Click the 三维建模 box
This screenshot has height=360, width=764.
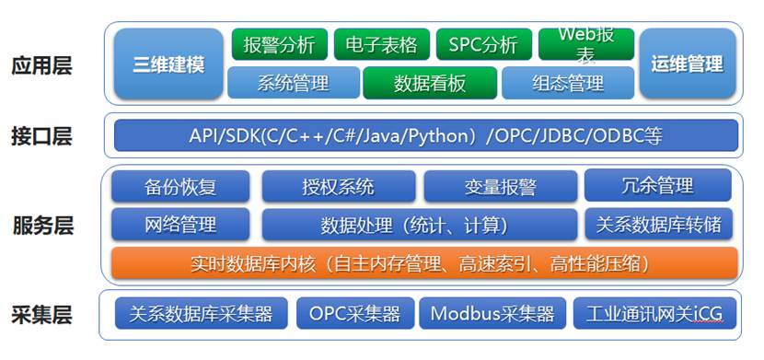168,64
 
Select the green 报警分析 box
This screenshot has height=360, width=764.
280,44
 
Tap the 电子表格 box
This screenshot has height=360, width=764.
382,44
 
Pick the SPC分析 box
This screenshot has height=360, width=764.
484,44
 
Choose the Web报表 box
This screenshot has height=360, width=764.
586,44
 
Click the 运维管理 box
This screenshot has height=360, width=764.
687,64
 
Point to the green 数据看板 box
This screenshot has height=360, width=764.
430,83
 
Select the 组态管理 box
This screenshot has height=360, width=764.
568,83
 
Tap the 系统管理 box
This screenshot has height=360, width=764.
294,83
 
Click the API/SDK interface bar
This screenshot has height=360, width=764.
426,135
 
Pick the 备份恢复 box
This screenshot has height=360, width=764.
180,186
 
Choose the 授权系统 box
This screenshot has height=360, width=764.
339,186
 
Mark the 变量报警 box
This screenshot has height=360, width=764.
501,186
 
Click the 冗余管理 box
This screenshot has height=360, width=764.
658,185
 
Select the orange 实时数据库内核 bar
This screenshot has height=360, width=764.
424,263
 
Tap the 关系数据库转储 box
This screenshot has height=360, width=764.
658,224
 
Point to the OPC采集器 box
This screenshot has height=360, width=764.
355,313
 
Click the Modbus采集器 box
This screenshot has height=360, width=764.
492,313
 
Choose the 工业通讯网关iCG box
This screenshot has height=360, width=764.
654,313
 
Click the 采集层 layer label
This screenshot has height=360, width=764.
42,315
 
